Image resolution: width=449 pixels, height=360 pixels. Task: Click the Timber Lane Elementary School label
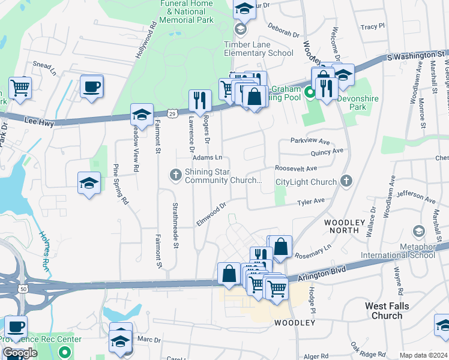[x=258, y=49]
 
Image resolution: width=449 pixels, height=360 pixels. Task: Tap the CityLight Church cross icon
[x=346, y=180]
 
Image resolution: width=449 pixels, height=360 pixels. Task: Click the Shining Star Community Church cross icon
[x=175, y=175]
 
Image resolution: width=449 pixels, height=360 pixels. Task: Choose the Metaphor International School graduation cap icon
[x=418, y=231]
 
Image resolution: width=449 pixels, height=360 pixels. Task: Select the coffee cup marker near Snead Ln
[x=91, y=86]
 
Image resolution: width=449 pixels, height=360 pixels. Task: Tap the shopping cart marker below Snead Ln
[x=20, y=88]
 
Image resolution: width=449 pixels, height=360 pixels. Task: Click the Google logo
[x=20, y=353]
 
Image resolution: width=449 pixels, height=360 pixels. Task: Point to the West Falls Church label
[x=387, y=311]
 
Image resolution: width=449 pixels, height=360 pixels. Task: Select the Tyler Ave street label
[x=312, y=202]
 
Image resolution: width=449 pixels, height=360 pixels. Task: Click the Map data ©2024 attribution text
[x=423, y=355]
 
